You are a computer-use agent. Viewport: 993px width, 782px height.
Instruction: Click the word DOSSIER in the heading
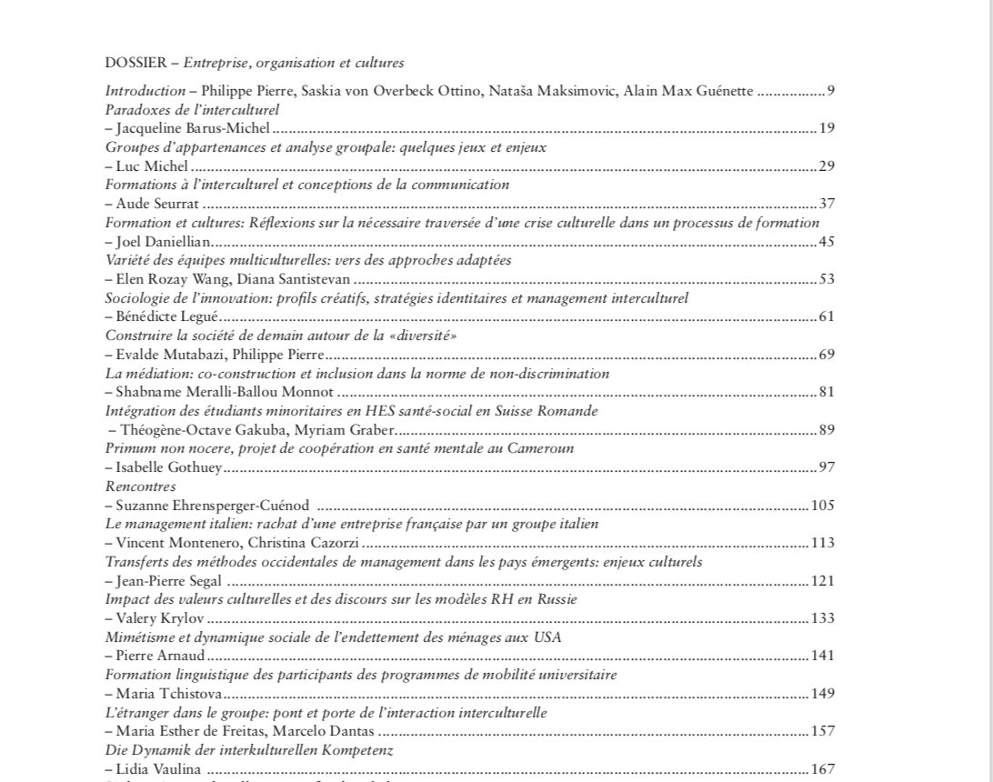[135, 64]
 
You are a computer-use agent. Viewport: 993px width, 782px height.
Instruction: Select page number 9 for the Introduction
[830, 91]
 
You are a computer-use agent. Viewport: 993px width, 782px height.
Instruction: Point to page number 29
[826, 165]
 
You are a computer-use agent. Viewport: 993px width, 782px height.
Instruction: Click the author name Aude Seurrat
[155, 204]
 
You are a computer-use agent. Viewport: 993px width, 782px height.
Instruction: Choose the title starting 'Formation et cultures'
[462, 223]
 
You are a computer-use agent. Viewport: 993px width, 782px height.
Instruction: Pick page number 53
[826, 278]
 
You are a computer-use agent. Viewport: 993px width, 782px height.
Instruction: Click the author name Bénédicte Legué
[168, 316]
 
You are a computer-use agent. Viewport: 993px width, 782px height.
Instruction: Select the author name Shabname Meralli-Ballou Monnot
[226, 392]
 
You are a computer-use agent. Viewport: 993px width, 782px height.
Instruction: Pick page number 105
[823, 506]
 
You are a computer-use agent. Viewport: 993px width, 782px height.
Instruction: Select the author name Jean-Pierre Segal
[169, 581]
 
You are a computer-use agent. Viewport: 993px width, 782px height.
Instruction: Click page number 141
[823, 656]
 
